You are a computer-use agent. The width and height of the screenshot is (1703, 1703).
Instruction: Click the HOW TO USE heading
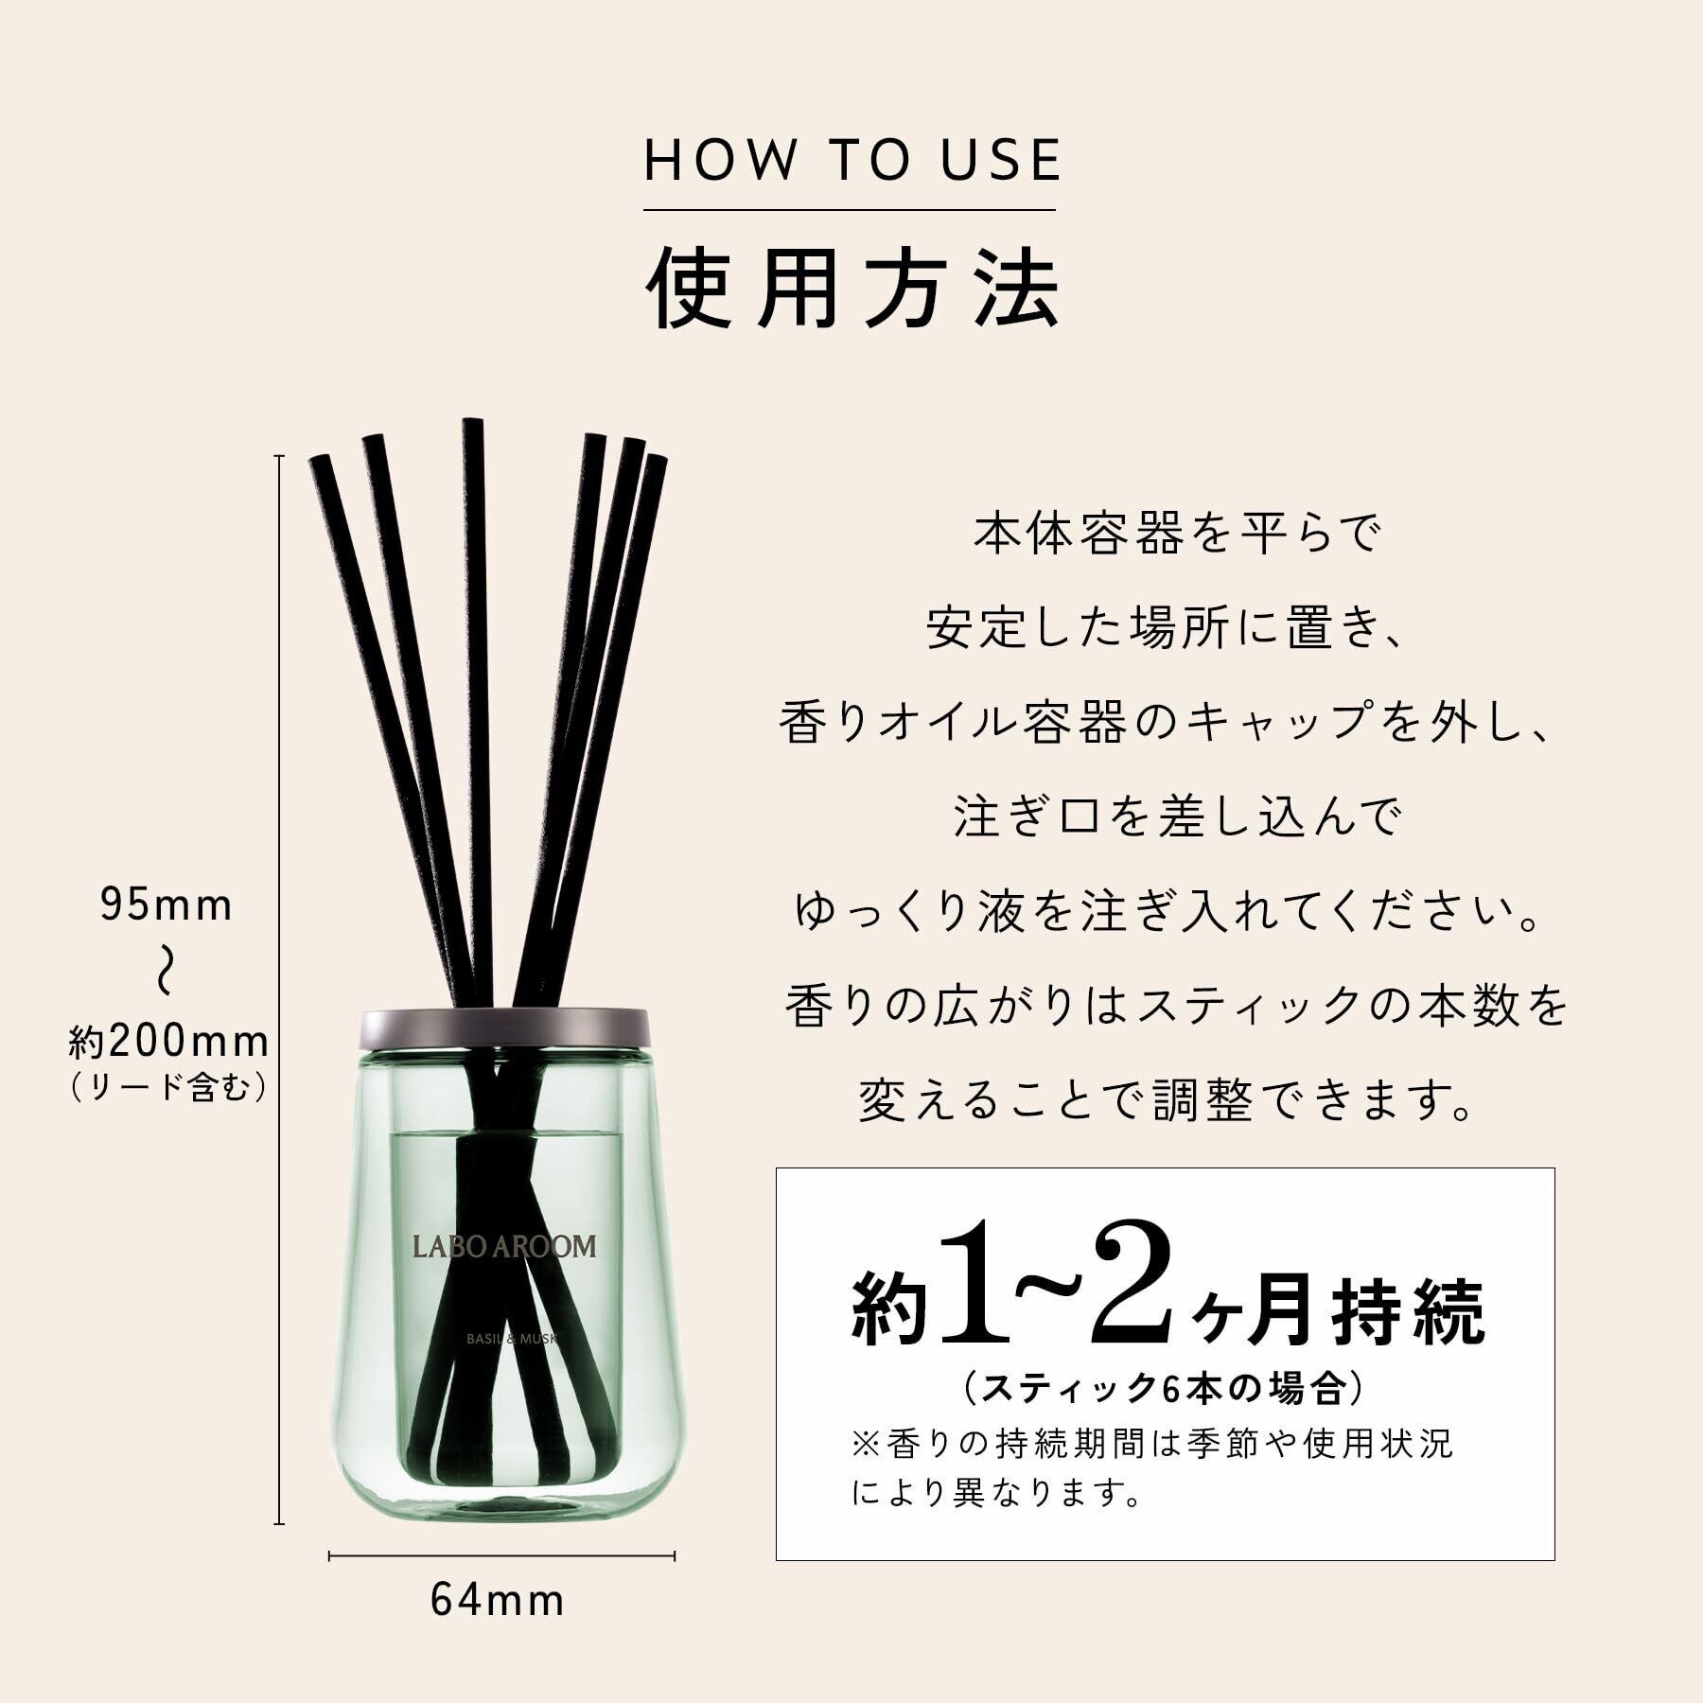pyautogui.click(x=852, y=159)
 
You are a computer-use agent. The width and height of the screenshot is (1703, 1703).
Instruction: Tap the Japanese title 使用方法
pyautogui.click(x=852, y=288)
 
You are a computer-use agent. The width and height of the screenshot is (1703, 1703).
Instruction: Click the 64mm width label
pyautogui.click(x=498, y=1601)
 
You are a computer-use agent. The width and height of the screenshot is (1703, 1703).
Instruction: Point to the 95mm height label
pyautogui.click(x=167, y=905)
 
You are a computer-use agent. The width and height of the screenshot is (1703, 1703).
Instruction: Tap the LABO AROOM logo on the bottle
pyautogui.click(x=504, y=1246)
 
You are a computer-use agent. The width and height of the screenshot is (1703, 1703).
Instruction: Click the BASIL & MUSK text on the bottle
pyautogui.click(x=514, y=1340)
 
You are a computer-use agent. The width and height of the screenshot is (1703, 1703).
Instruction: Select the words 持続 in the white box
pyautogui.click(x=1409, y=1309)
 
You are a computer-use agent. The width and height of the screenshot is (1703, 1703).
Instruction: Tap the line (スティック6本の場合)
pyautogui.click(x=1165, y=1388)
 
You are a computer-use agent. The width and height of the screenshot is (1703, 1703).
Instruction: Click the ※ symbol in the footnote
pyautogui.click(x=866, y=1445)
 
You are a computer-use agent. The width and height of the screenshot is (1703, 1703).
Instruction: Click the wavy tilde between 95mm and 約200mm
pyautogui.click(x=166, y=973)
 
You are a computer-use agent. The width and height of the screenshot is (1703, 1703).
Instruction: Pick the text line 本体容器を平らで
pyautogui.click(x=1178, y=535)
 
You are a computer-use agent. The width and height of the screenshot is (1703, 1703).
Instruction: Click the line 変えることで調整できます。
pyautogui.click(x=1168, y=1099)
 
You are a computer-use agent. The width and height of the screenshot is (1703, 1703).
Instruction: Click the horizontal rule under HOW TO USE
pyautogui.click(x=850, y=209)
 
